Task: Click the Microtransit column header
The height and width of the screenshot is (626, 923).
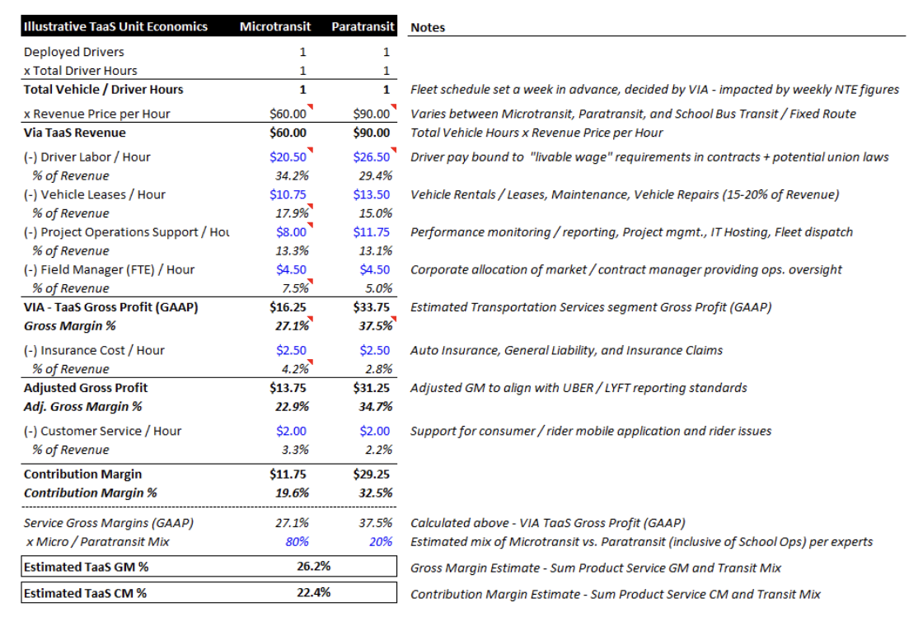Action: tap(275, 26)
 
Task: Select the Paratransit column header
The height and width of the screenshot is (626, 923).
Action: tap(363, 26)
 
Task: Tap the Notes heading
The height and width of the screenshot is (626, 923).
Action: tap(428, 28)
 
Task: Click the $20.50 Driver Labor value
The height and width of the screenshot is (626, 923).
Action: tap(288, 157)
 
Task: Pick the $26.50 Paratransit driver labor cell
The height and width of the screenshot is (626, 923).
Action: tap(372, 157)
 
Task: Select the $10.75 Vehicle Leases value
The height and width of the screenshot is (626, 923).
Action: tap(288, 194)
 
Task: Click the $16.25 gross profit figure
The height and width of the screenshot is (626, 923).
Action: tap(288, 307)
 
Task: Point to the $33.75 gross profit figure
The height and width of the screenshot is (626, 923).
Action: tap(372, 307)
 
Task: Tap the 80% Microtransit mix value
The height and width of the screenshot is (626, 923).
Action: tap(298, 542)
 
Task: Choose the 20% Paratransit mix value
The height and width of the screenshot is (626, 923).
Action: tap(381, 542)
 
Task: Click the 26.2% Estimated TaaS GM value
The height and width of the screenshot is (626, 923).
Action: tap(314, 567)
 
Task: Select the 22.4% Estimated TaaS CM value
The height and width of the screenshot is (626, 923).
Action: tap(314, 592)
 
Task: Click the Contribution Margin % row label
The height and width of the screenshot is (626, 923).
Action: tap(90, 493)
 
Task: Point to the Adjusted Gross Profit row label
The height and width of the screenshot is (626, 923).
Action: tap(86, 388)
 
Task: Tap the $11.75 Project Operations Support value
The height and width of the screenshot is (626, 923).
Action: tap(372, 232)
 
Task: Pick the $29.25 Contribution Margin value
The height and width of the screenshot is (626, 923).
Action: tap(372, 474)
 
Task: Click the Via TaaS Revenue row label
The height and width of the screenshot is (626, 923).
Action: tap(75, 133)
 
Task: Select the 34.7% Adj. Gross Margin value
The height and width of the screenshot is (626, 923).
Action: tap(376, 407)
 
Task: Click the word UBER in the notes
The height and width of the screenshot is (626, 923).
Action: tap(577, 388)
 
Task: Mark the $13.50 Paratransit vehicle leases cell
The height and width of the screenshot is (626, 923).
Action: tap(372, 194)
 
